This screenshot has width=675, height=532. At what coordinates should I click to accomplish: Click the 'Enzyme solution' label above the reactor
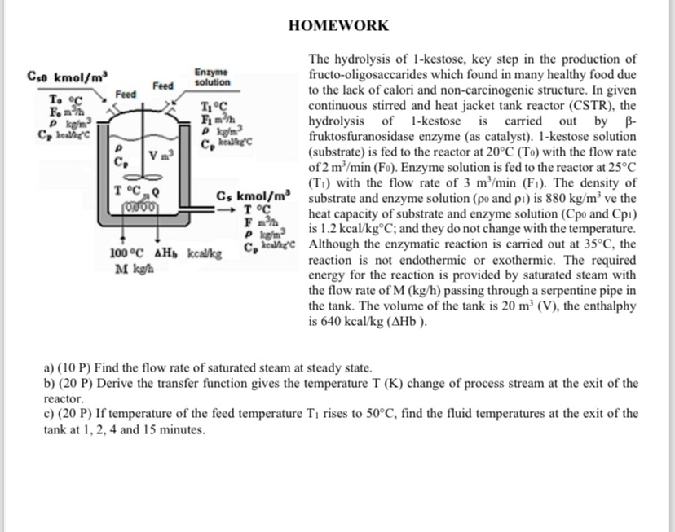(212, 77)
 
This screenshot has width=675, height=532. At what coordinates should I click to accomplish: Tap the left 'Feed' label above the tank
(126, 95)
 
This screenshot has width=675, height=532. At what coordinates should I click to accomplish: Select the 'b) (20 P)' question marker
(73, 383)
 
